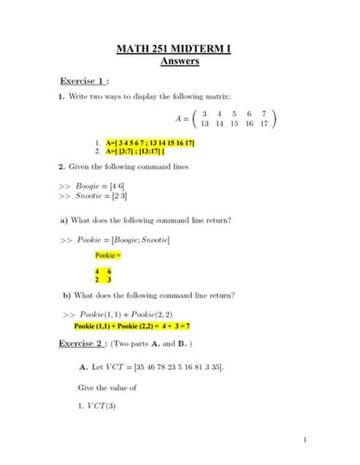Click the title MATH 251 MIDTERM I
179,49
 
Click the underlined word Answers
179,62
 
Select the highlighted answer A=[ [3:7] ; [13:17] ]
141,150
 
